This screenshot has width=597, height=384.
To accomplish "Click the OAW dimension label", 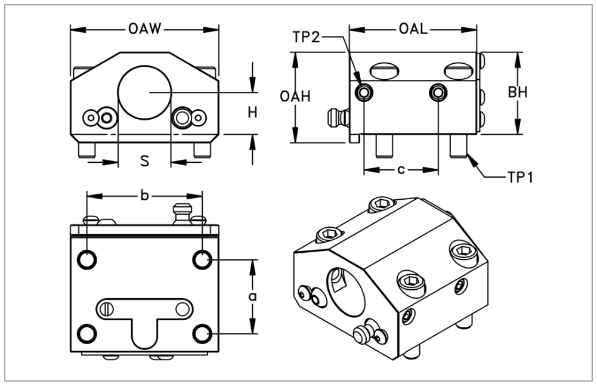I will click(145, 29).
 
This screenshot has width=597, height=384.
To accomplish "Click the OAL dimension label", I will click(414, 29).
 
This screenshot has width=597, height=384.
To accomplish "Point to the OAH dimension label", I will click(295, 97).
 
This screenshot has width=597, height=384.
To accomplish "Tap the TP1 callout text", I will click(519, 177).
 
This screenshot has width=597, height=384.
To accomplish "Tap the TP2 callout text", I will click(307, 37).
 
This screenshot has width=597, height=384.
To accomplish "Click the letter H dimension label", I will click(252, 112).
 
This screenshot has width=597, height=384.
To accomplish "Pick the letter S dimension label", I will click(144, 160).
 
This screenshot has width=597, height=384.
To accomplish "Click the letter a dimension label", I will click(252, 296).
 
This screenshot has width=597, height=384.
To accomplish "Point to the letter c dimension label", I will click(401, 170).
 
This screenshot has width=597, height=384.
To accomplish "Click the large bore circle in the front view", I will click(145, 93).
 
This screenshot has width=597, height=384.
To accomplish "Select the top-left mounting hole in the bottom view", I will click(87, 259).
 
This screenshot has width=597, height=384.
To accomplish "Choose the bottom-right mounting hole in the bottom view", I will click(203, 333).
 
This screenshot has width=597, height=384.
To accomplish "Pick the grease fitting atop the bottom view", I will click(181, 213).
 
